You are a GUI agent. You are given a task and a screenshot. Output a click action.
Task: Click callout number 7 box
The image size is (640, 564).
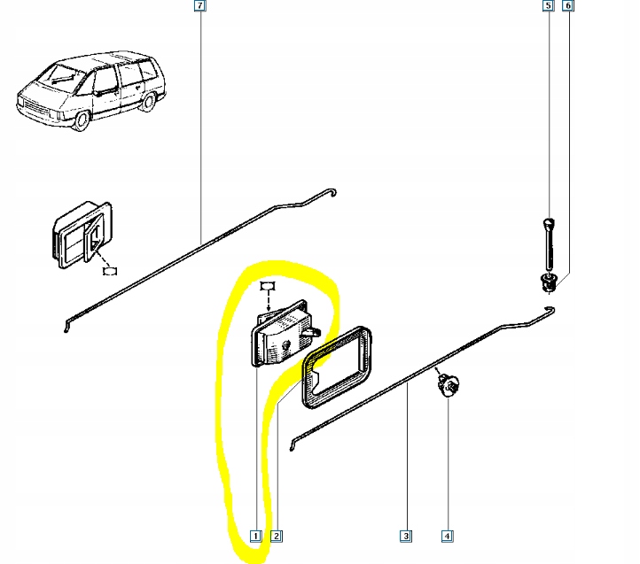tap(199, 5)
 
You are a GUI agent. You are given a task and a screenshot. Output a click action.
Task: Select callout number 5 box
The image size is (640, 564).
tap(548, 5)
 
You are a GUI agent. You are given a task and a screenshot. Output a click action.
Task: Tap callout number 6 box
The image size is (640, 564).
tap(567, 5)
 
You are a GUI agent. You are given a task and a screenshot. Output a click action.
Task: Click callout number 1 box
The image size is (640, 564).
tap(255, 536)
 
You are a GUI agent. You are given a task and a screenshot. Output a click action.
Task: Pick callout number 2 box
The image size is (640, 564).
tap(277, 536)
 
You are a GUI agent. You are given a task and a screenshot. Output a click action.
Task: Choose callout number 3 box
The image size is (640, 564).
tap(406, 536)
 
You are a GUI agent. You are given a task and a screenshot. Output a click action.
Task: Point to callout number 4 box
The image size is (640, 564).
tap(448, 536)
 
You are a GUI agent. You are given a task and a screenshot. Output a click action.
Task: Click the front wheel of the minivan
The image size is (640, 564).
tap(82, 120)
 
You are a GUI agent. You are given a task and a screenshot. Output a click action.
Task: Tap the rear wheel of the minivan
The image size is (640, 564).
tap(148, 101)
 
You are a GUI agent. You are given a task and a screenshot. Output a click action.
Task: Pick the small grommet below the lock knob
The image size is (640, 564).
tap(548, 282)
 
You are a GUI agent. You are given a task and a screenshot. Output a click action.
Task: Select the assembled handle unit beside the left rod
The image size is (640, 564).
tap(82, 235)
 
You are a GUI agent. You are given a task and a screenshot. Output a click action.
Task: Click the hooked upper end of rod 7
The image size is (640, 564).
tap(332, 192)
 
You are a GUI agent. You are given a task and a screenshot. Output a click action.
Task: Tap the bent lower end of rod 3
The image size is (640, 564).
tap(293, 444)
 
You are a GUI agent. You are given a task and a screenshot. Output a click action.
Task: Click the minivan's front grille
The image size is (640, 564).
tap(36, 108)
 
